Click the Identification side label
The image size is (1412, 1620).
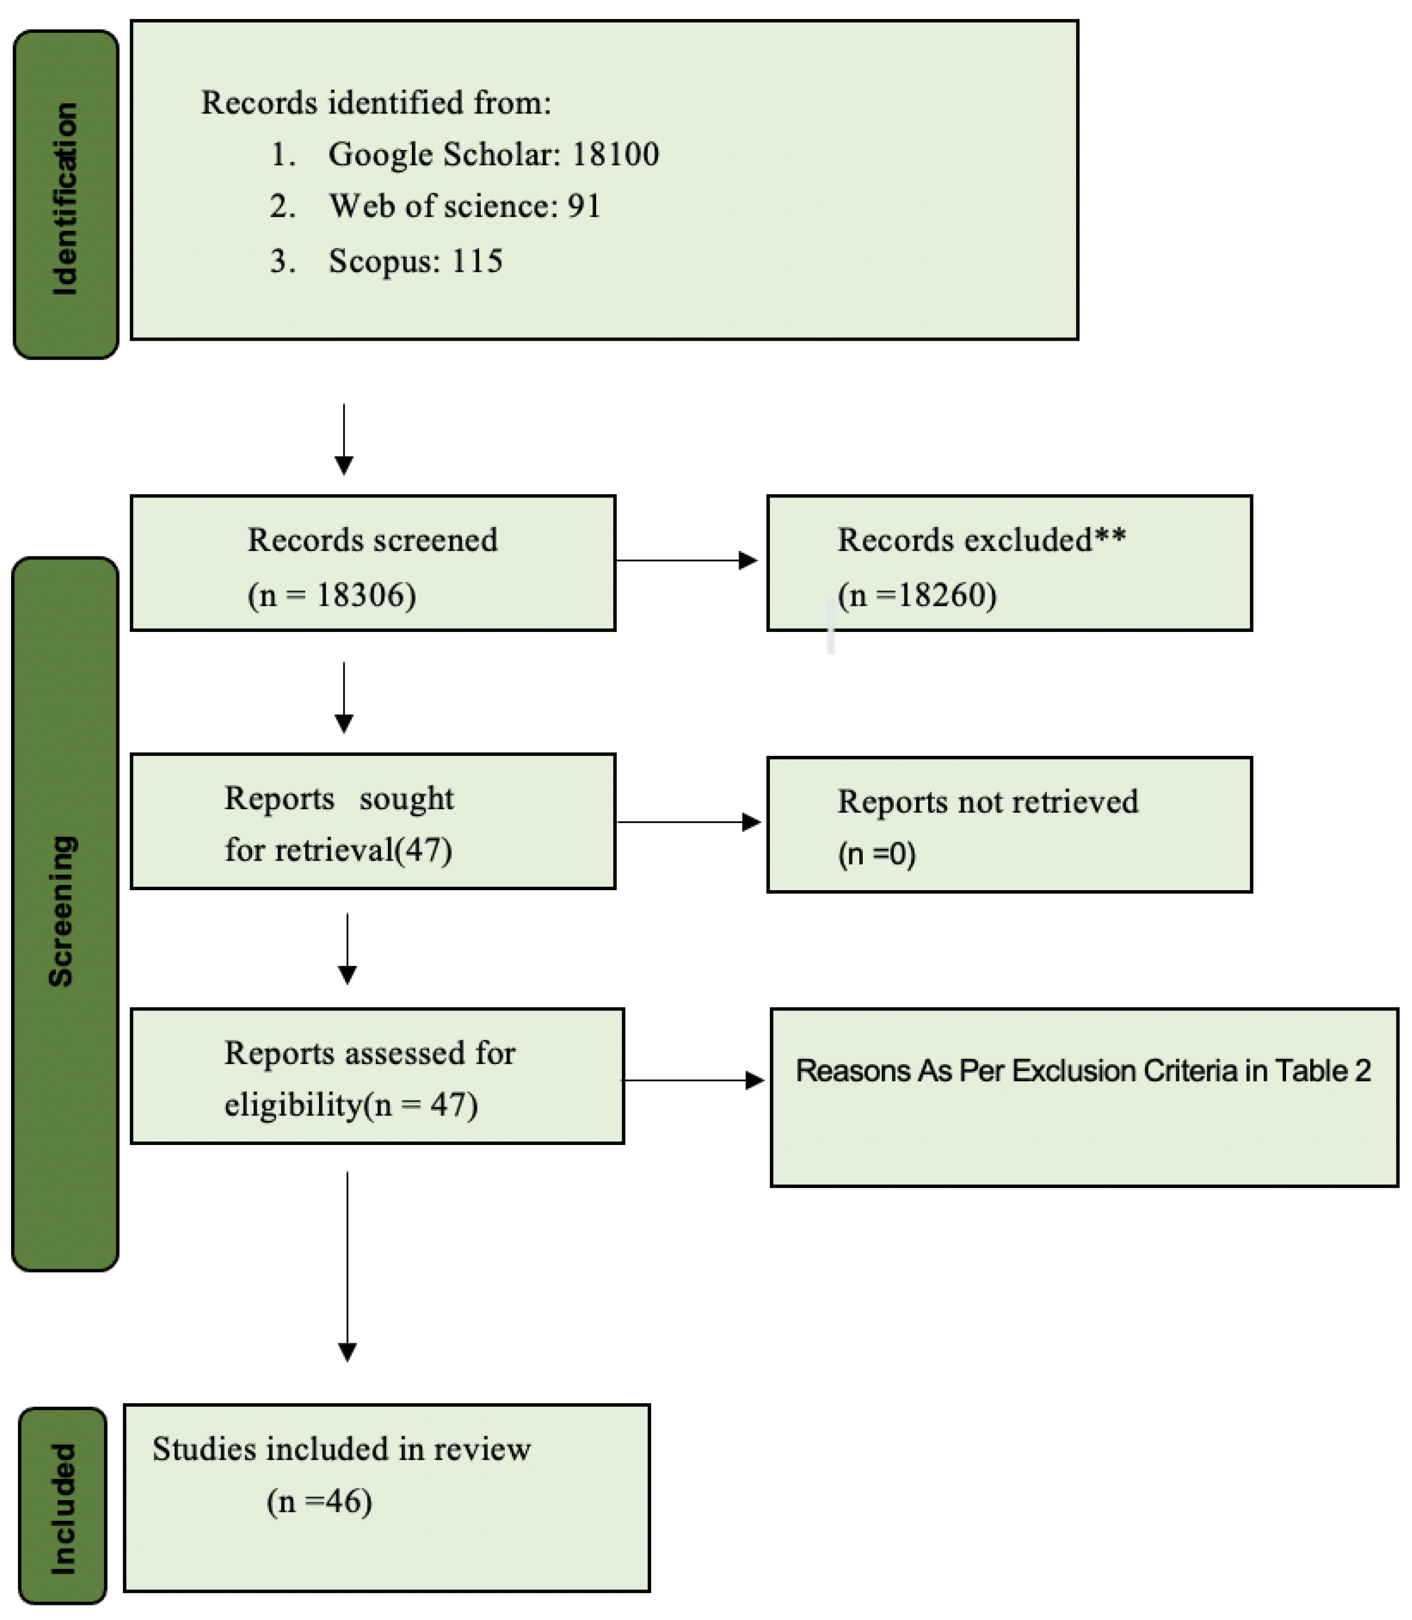pyautogui.click(x=64, y=199)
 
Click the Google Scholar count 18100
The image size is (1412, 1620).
pyautogui.click(x=616, y=154)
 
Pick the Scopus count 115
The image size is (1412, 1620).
pyautogui.click(x=477, y=261)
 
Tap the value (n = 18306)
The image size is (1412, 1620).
pyautogui.click(x=332, y=595)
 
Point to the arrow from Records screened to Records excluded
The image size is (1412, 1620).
pyautogui.click(x=686, y=560)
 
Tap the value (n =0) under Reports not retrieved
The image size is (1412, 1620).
pyautogui.click(x=876, y=854)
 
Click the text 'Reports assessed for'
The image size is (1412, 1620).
pyautogui.click(x=369, y=1053)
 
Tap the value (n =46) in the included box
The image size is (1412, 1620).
pyautogui.click(x=319, y=1502)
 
